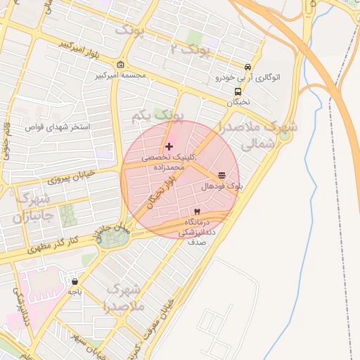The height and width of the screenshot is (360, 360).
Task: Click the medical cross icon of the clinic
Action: [169, 146]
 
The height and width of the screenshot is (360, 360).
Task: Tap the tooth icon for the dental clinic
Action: [197, 212]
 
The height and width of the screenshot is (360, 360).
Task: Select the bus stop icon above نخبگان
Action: [238, 91]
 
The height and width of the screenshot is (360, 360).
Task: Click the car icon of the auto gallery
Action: [247, 67]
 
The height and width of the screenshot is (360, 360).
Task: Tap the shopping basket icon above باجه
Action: [75, 281]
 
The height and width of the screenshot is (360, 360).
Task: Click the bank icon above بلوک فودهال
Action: [222, 175]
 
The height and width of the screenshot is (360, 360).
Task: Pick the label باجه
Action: [75, 290]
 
